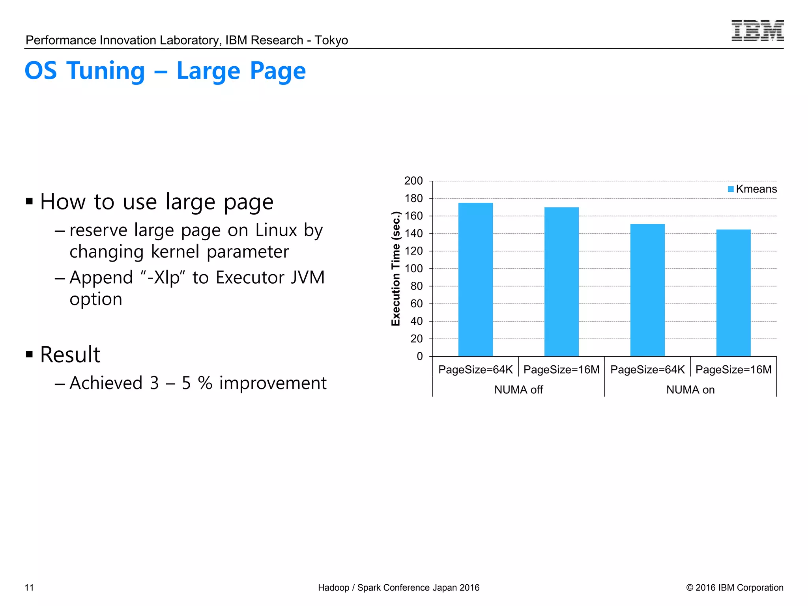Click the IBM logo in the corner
point(757,31)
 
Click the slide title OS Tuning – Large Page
point(165,71)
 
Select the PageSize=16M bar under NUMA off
point(561,282)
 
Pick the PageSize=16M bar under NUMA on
point(733,293)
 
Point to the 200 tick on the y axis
point(413,181)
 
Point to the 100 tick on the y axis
point(413,269)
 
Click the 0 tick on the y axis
point(419,356)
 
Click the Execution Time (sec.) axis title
point(396,269)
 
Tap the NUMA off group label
point(518,390)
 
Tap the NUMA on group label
point(690,390)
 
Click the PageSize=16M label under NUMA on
point(733,370)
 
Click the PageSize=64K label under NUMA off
point(475,370)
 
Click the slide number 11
point(29,587)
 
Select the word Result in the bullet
point(70,354)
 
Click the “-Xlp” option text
point(163,277)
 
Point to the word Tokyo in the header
point(331,40)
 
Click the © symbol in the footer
point(690,587)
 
